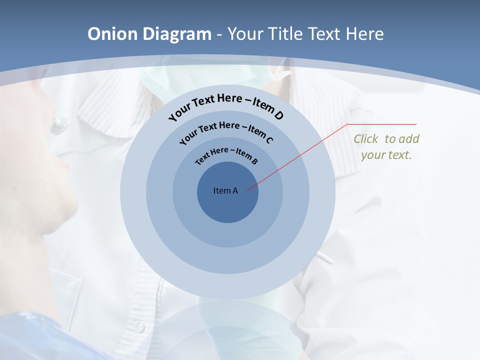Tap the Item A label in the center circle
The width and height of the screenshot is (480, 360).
pyautogui.click(x=225, y=190)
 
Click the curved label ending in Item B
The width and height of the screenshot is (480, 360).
pyautogui.click(x=226, y=154)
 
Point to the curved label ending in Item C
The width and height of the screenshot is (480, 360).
pyautogui.click(x=226, y=130)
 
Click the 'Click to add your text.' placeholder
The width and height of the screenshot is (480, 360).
pyautogui.click(x=386, y=146)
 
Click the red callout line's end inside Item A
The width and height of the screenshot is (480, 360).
pyautogui.click(x=247, y=190)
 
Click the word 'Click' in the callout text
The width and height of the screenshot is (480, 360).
pyautogui.click(x=366, y=139)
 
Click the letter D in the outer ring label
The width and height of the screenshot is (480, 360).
pyautogui.click(x=278, y=116)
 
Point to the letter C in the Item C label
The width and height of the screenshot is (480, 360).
pyautogui.click(x=269, y=140)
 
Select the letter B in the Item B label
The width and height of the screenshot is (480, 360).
pyautogui.click(x=254, y=161)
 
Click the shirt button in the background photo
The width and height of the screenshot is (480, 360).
pyautogui.click(x=140, y=327)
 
